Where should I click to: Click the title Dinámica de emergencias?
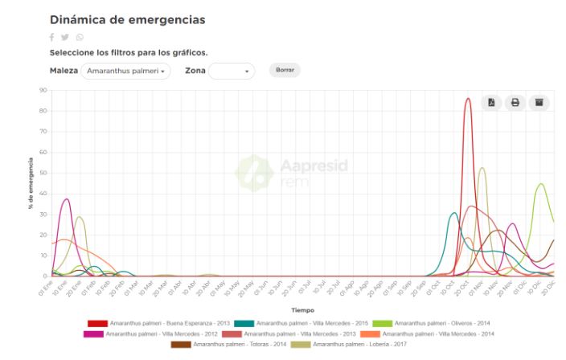pyautogui.click(x=127, y=18)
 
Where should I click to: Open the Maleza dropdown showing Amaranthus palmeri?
pyautogui.click(x=125, y=72)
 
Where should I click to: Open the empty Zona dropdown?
pyautogui.click(x=232, y=72)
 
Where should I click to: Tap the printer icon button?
pyautogui.click(x=515, y=103)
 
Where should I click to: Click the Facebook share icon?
pyautogui.click(x=52, y=38)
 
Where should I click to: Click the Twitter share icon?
pyautogui.click(x=65, y=38)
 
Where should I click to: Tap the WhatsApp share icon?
pyautogui.click(x=79, y=38)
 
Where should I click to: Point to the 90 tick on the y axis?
pyautogui.click(x=43, y=90)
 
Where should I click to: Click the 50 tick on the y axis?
pyautogui.click(x=43, y=173)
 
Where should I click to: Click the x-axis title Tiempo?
pyautogui.click(x=302, y=309)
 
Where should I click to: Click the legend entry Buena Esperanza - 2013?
pyautogui.click(x=156, y=322)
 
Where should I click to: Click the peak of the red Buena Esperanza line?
pyautogui.click(x=468, y=100)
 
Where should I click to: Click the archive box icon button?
pyautogui.click(x=539, y=103)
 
